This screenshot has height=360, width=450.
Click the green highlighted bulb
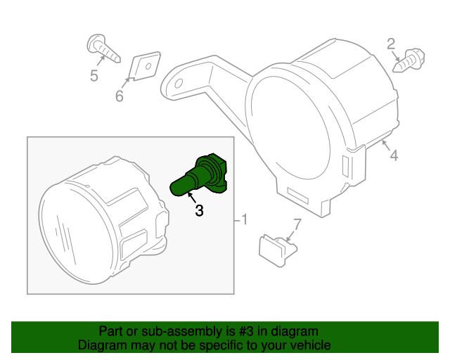pos(201,176)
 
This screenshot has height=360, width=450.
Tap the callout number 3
pos(199,210)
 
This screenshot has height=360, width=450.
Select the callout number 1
pos(244,219)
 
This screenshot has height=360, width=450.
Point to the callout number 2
pos(391,44)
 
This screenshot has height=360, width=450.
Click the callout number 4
pos(394,155)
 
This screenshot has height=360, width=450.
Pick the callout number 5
pos(94,75)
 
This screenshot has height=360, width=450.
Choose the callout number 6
pos(120,96)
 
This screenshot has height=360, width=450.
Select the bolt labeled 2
pos(409,60)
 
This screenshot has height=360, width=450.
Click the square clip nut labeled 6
pos(145,66)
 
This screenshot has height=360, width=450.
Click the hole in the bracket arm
pos(179,83)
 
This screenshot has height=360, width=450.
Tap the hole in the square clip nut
pos(148,66)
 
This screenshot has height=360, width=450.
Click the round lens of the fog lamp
pos(76,233)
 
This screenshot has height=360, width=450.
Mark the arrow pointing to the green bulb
pos(192,198)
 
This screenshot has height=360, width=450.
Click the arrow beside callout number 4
pos(386,145)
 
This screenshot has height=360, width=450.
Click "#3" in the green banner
pos(246,332)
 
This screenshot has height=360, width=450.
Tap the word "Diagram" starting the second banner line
pos(98,345)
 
